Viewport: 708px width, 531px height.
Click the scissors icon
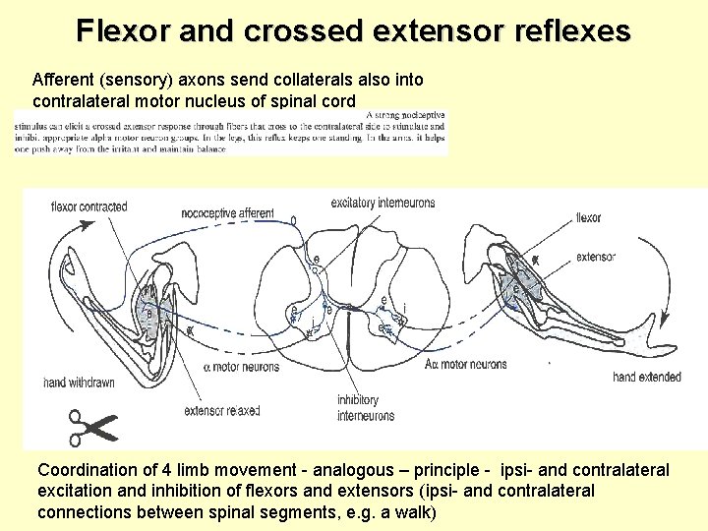[92, 427]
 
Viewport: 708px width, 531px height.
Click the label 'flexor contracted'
[88, 207]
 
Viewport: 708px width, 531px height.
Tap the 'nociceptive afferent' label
[227, 212]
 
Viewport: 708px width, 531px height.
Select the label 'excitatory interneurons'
[383, 203]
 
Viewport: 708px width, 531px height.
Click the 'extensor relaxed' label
[221, 411]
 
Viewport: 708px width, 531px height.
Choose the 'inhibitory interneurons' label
[366, 408]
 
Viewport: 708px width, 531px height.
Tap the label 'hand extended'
[646, 377]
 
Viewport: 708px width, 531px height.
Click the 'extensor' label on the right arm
[596, 258]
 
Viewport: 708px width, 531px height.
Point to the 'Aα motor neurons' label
[466, 365]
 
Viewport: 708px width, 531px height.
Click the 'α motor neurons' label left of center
[241, 368]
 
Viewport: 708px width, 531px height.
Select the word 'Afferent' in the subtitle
[62, 79]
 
